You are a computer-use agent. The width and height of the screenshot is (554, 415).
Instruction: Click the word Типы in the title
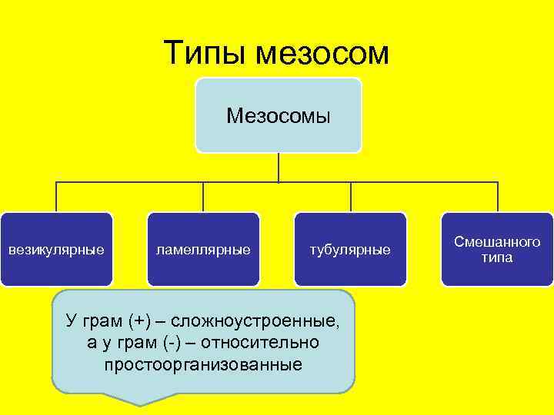pos(207,53)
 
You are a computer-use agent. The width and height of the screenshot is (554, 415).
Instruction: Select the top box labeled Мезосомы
pos(278,115)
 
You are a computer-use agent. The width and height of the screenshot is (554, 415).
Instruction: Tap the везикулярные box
pos(56,250)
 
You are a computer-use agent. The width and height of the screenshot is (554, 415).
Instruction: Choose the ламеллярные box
pos(203,250)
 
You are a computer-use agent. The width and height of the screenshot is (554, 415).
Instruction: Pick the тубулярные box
pos(350,250)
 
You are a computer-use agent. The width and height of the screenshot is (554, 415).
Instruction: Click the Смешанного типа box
pos(497,250)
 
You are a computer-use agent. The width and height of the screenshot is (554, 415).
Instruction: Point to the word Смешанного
pos(497,242)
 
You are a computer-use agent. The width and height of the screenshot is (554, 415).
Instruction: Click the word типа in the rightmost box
pos(497,258)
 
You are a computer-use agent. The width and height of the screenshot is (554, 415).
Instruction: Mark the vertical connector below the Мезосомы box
pos(278,167)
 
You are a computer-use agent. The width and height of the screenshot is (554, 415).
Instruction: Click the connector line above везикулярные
pos(56,197)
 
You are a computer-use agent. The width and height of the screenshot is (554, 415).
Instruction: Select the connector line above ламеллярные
pos(203,197)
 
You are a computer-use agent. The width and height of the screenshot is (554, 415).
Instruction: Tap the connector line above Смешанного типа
pos(497,197)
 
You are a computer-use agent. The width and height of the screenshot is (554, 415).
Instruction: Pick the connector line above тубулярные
pos(351,197)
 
